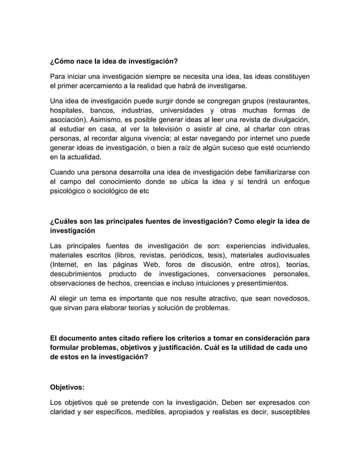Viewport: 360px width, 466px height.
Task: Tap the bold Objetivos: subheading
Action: pyautogui.click(x=67, y=388)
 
